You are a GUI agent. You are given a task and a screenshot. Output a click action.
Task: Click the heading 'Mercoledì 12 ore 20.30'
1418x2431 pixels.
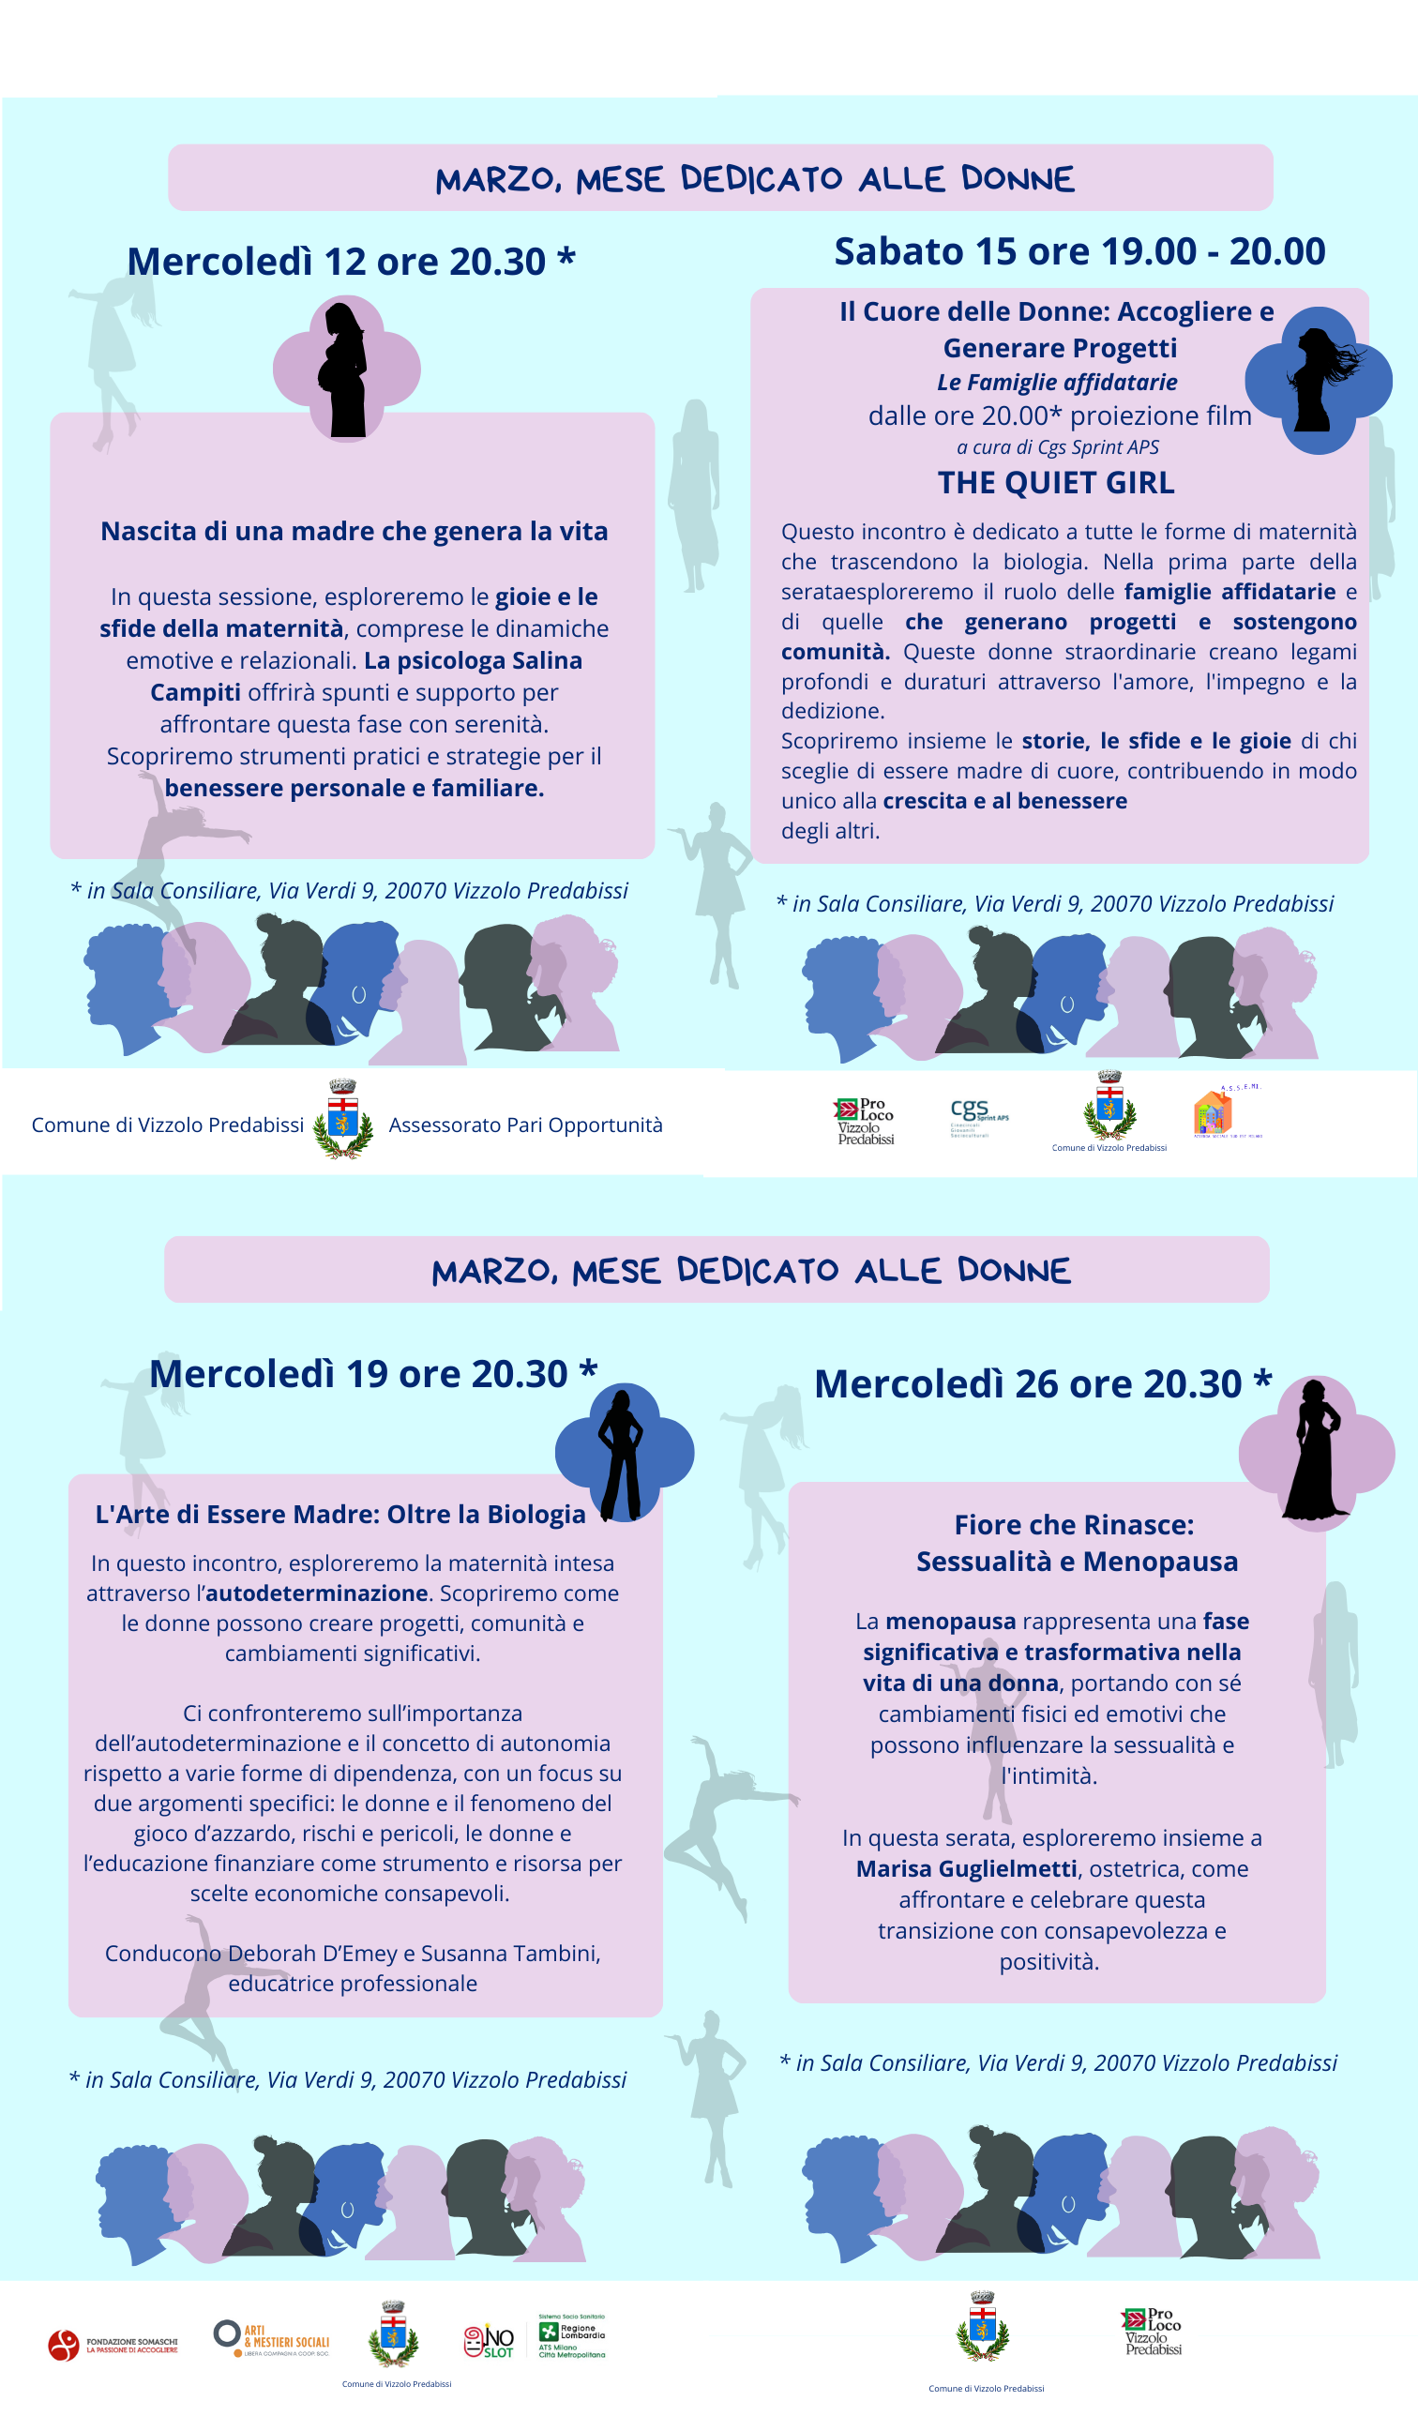(351, 262)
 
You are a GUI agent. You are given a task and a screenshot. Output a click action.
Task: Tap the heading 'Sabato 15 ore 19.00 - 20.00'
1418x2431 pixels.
(1079, 250)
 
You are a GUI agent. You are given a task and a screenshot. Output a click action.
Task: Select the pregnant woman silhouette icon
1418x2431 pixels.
(345, 370)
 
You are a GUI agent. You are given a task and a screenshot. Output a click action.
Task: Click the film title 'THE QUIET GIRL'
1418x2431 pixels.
(1055, 482)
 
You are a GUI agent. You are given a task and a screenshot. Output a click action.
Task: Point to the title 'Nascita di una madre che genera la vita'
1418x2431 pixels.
(354, 532)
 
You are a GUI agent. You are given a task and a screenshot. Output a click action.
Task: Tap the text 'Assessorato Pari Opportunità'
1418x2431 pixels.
(525, 1125)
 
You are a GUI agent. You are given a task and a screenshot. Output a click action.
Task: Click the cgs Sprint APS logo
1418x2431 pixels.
(978, 1115)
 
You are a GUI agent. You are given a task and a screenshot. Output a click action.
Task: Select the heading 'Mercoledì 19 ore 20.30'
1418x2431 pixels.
(372, 1374)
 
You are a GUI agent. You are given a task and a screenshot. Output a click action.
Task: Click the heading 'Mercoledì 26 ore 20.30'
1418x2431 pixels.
(1042, 1383)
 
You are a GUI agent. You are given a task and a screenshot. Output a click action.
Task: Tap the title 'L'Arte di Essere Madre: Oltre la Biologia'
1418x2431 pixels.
(339, 1514)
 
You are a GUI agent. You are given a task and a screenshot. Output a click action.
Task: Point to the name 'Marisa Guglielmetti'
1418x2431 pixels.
(966, 1868)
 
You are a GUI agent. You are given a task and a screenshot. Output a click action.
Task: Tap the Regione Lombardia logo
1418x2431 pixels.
(571, 2334)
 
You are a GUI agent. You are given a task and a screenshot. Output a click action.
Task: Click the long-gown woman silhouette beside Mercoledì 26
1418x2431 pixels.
(1314, 1451)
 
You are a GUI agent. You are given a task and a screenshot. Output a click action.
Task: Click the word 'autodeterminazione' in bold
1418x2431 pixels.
(316, 1593)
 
